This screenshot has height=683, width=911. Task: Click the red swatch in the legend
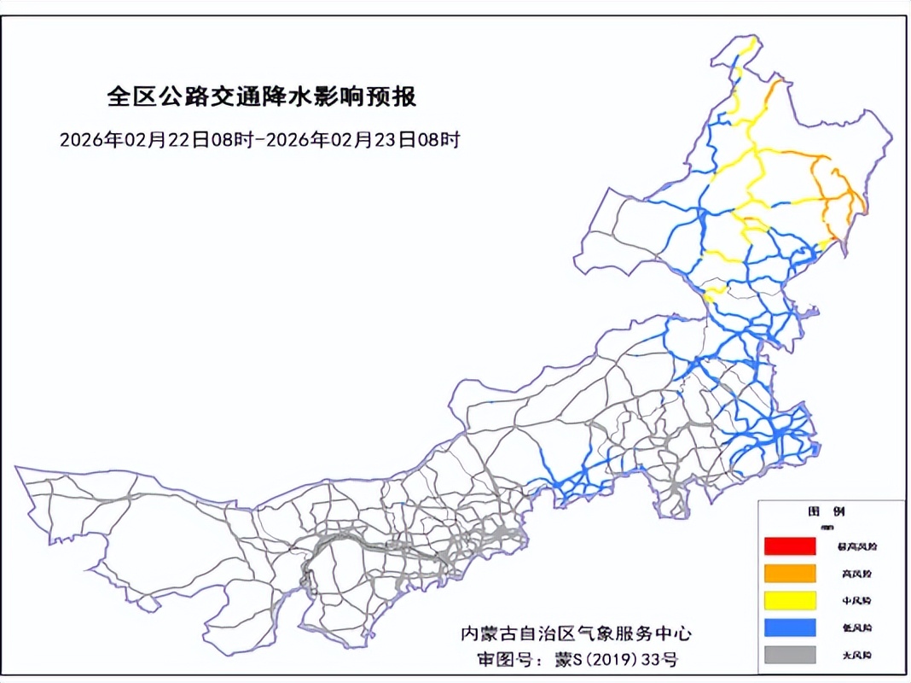(x=790, y=546)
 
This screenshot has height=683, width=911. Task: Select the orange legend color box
(x=790, y=572)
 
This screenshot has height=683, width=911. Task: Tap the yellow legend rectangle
(x=790, y=599)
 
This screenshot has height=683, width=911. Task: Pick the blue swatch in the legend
(x=790, y=627)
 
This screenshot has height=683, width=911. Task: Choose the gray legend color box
(x=790, y=654)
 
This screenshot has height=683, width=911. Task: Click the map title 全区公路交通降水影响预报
(x=262, y=96)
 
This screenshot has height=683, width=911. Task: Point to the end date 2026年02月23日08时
(x=363, y=139)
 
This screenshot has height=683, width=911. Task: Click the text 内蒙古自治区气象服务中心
(x=576, y=633)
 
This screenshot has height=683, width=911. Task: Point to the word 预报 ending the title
(x=396, y=96)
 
